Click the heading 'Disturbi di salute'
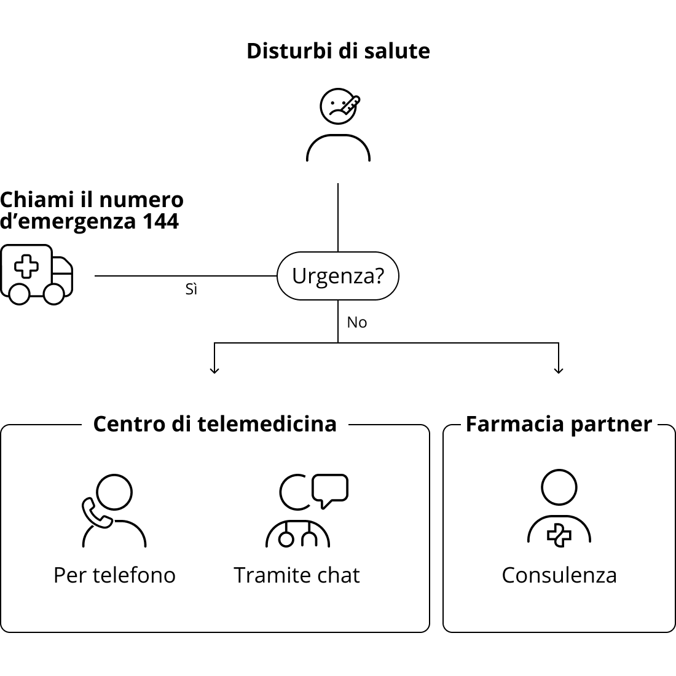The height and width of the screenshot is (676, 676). click(x=338, y=51)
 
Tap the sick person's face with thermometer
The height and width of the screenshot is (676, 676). click(x=339, y=106)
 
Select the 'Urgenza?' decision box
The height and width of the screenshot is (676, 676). click(x=338, y=276)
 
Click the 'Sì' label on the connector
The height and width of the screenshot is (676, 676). click(x=191, y=289)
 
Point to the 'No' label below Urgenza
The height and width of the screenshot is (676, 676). click(x=357, y=323)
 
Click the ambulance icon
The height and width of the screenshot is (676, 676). click(x=37, y=275)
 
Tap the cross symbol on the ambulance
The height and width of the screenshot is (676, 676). click(x=26, y=266)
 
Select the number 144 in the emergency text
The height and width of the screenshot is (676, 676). click(x=160, y=221)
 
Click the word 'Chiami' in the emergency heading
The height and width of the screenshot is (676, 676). click(x=37, y=200)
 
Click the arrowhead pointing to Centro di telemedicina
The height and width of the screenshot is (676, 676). click(x=214, y=370)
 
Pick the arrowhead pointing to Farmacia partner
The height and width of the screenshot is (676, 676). click(x=559, y=370)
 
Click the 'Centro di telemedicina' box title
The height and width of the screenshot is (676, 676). click(x=214, y=424)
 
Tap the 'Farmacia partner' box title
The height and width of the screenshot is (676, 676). click(x=559, y=425)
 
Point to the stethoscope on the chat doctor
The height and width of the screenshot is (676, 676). click(x=297, y=534)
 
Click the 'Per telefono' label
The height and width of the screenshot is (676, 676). click(x=115, y=575)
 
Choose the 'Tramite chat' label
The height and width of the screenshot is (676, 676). click(x=297, y=575)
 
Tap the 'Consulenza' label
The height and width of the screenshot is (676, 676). click(x=559, y=575)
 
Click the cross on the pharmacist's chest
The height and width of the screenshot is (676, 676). click(x=559, y=535)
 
